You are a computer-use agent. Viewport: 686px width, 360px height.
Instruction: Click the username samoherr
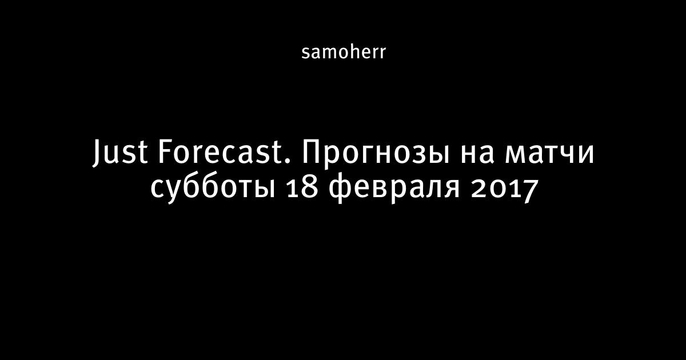pyautogui.click(x=344, y=53)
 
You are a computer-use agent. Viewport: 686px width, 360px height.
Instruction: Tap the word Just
pyautogui.click(x=120, y=153)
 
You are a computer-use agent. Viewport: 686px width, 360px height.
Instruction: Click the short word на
pyautogui.click(x=477, y=155)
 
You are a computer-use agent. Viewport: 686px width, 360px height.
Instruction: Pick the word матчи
pyautogui.click(x=549, y=155)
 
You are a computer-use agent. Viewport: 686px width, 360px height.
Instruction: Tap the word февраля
pyautogui.click(x=394, y=187)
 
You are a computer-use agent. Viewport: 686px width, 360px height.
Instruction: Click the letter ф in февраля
pyautogui.click(x=341, y=189)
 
